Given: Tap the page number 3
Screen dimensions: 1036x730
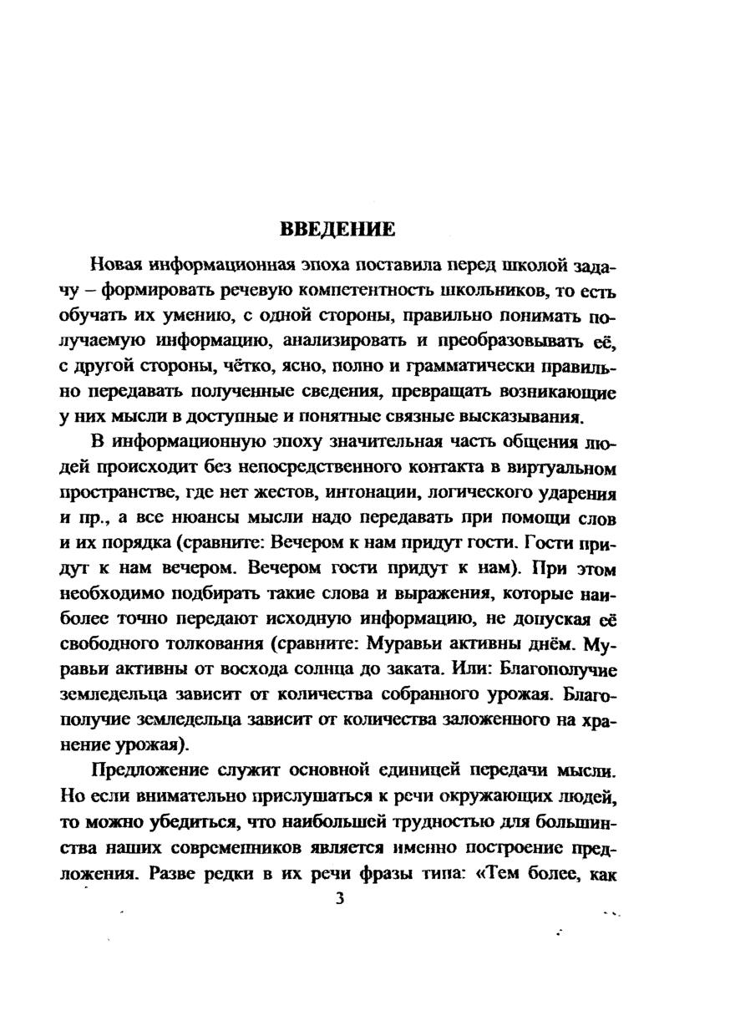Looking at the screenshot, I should coord(338,899).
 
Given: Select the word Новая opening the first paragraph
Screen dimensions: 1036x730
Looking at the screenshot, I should coord(117,267).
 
